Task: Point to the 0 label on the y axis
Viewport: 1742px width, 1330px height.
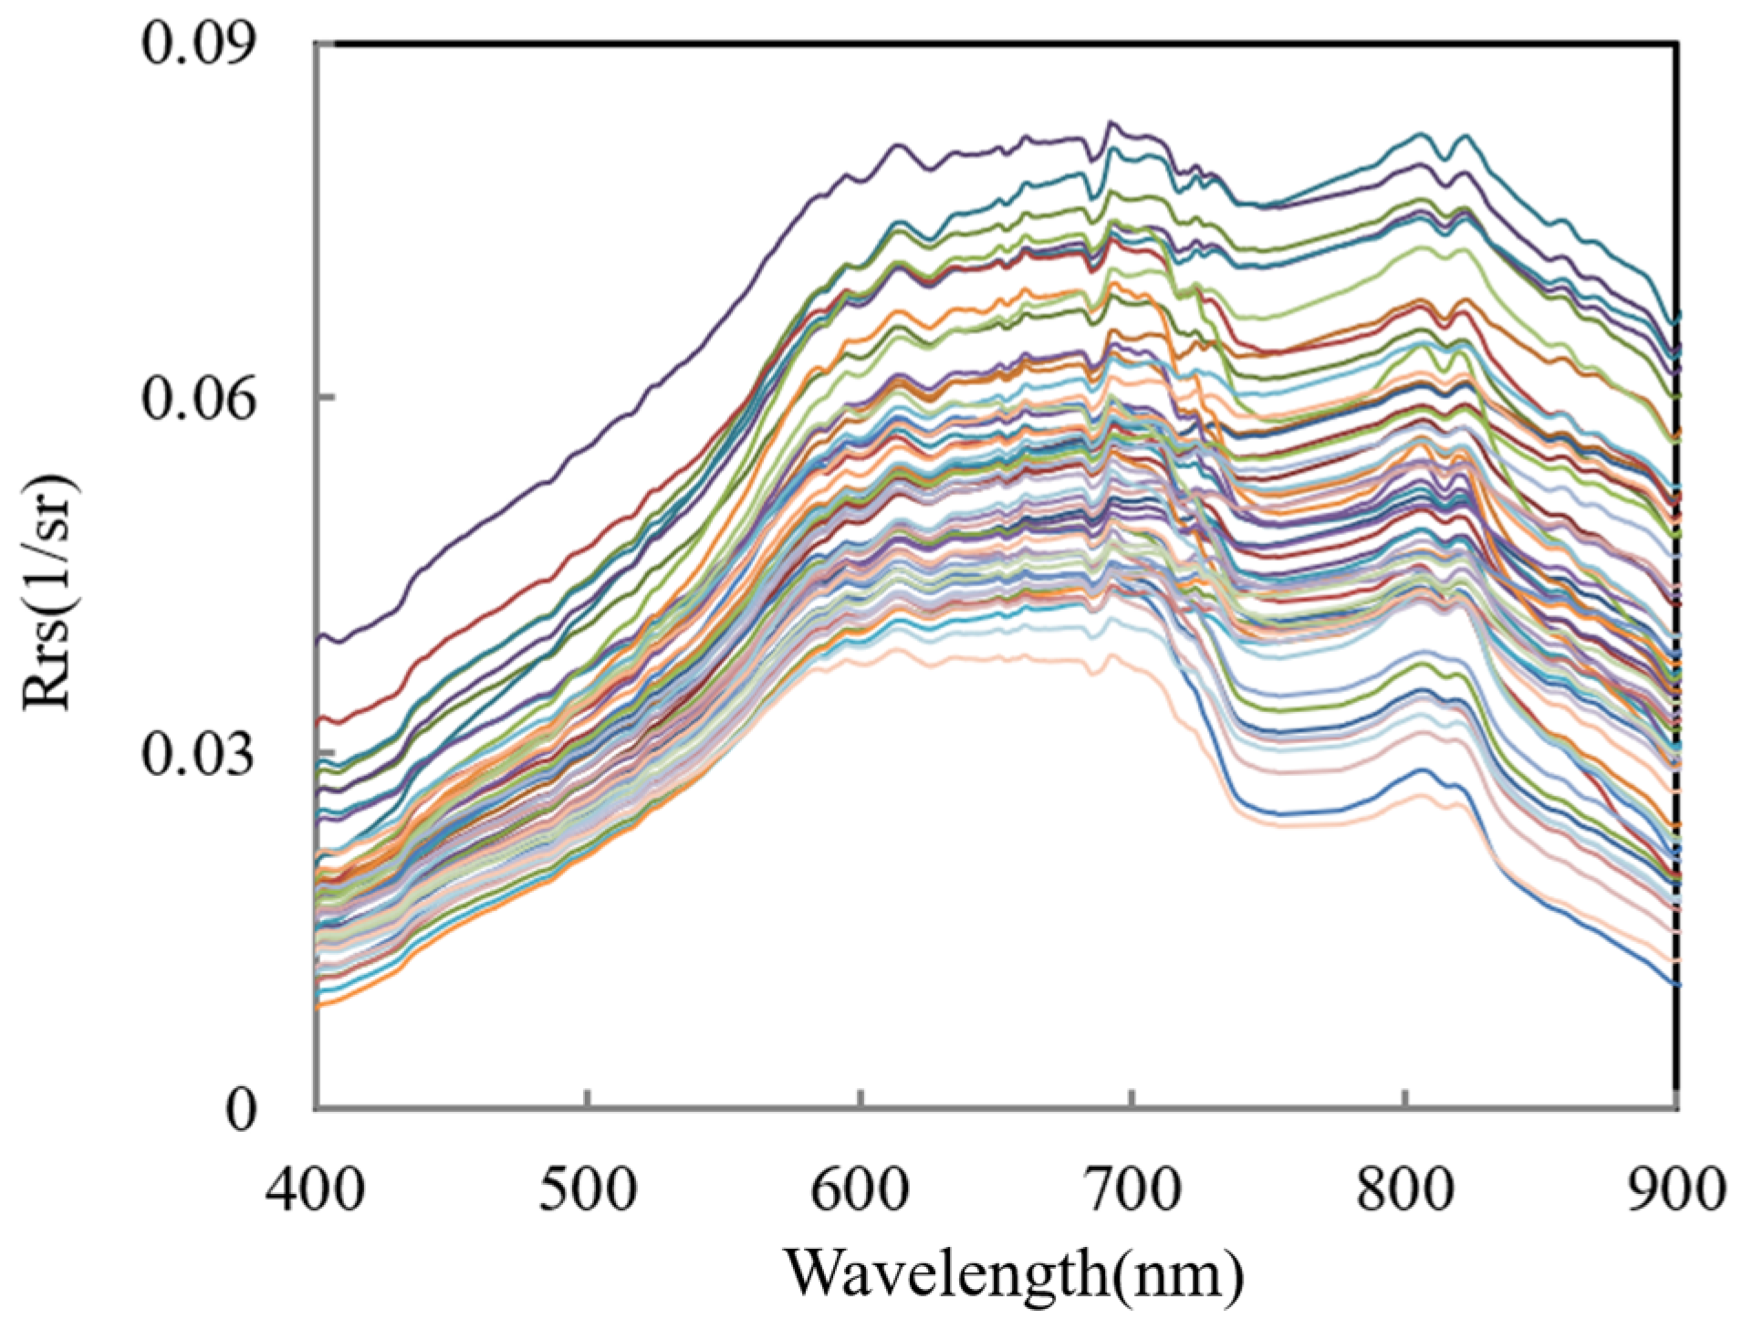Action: [x=241, y=1110]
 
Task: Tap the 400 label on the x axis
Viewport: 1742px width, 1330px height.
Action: [x=316, y=1190]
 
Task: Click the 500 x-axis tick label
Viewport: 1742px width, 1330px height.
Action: [x=588, y=1190]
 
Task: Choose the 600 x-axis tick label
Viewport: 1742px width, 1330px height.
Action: [x=860, y=1190]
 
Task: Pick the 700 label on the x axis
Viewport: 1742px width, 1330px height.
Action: [x=1132, y=1190]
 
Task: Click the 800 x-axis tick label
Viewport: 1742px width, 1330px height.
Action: [x=1403, y=1190]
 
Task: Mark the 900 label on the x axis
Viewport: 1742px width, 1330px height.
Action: [x=1675, y=1190]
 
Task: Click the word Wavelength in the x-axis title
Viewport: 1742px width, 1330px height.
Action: [x=945, y=1272]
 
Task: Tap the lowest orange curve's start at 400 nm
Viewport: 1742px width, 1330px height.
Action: [x=318, y=1005]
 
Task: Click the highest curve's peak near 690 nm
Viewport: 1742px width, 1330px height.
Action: [x=1111, y=122]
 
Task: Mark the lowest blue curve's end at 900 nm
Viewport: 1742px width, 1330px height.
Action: [x=1675, y=984]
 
